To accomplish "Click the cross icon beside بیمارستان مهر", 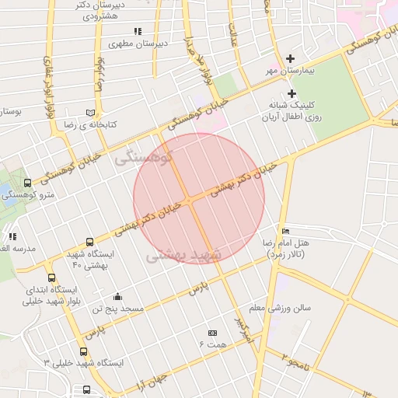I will pos(292,58).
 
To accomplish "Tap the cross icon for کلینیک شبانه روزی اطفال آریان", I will pos(292,93).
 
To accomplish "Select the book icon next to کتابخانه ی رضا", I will pos(90,113).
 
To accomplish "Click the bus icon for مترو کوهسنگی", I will pos(28,183).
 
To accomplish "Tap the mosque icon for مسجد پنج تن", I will pos(117,296).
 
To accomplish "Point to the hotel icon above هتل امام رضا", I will pos(285,231).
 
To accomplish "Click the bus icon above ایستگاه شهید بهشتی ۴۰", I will pos(89,243).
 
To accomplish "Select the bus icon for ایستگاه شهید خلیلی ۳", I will pos(83,351).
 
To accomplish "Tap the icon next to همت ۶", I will pos(212,333).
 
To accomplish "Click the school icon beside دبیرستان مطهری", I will pos(138,32).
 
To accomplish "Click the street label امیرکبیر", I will pos(244,330).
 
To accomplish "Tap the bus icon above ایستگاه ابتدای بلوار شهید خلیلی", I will pos(51,278).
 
